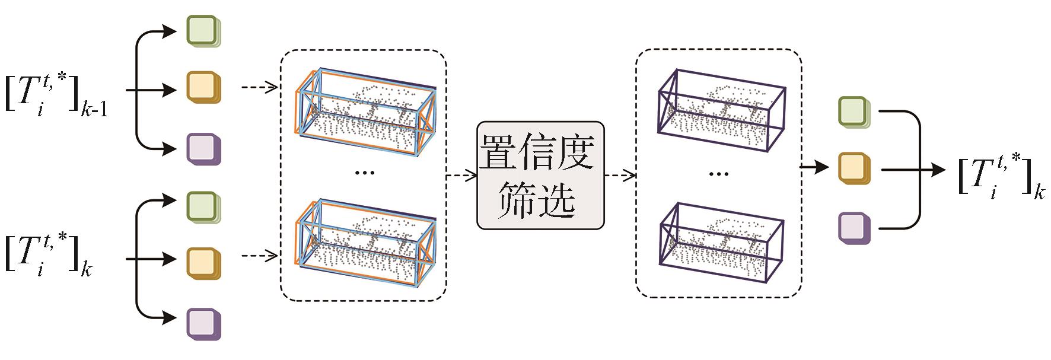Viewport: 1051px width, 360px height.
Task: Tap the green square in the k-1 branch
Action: pyautogui.click(x=203, y=30)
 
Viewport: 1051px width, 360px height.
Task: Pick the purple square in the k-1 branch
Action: pyautogui.click(x=203, y=148)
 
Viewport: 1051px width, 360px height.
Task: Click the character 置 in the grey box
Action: pyautogui.click(x=499, y=152)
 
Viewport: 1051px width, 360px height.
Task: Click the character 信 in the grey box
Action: pyautogui.click(x=538, y=152)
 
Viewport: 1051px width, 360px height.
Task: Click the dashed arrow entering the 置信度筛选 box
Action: pyautogui.click(x=461, y=175)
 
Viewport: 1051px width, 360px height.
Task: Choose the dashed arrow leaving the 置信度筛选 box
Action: pyautogui.click(x=620, y=175)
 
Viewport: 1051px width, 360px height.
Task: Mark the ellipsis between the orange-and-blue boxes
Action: pyautogui.click(x=364, y=173)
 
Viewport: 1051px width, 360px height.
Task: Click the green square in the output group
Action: pyautogui.click(x=853, y=111)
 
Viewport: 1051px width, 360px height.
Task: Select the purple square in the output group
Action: pyautogui.click(x=853, y=228)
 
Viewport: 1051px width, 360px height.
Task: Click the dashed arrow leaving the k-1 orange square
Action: pyautogui.click(x=259, y=89)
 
